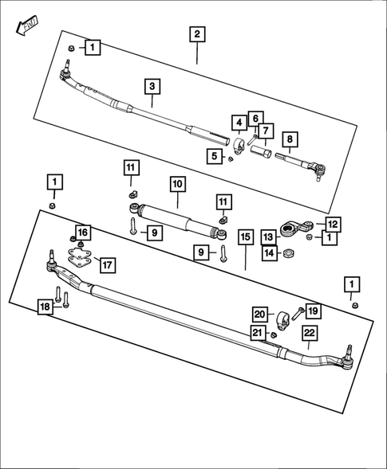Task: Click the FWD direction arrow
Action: tap(27, 26)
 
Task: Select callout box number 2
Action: tap(197, 34)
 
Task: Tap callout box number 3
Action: tap(152, 87)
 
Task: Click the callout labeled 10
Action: tap(178, 184)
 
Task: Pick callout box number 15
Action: tap(246, 237)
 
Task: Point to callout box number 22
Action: tap(310, 333)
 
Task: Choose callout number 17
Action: tap(107, 265)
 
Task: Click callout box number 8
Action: tap(290, 139)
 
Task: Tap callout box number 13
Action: tap(268, 237)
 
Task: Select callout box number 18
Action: tap(45, 307)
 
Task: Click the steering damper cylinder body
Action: tap(178, 220)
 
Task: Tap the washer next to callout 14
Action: tap(288, 253)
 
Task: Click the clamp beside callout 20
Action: tap(282, 321)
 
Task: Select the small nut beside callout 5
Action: tap(231, 158)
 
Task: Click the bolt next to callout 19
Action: tap(298, 314)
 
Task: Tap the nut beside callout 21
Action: tap(273, 334)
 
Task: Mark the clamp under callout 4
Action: tap(239, 146)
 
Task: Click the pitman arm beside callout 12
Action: tap(297, 229)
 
